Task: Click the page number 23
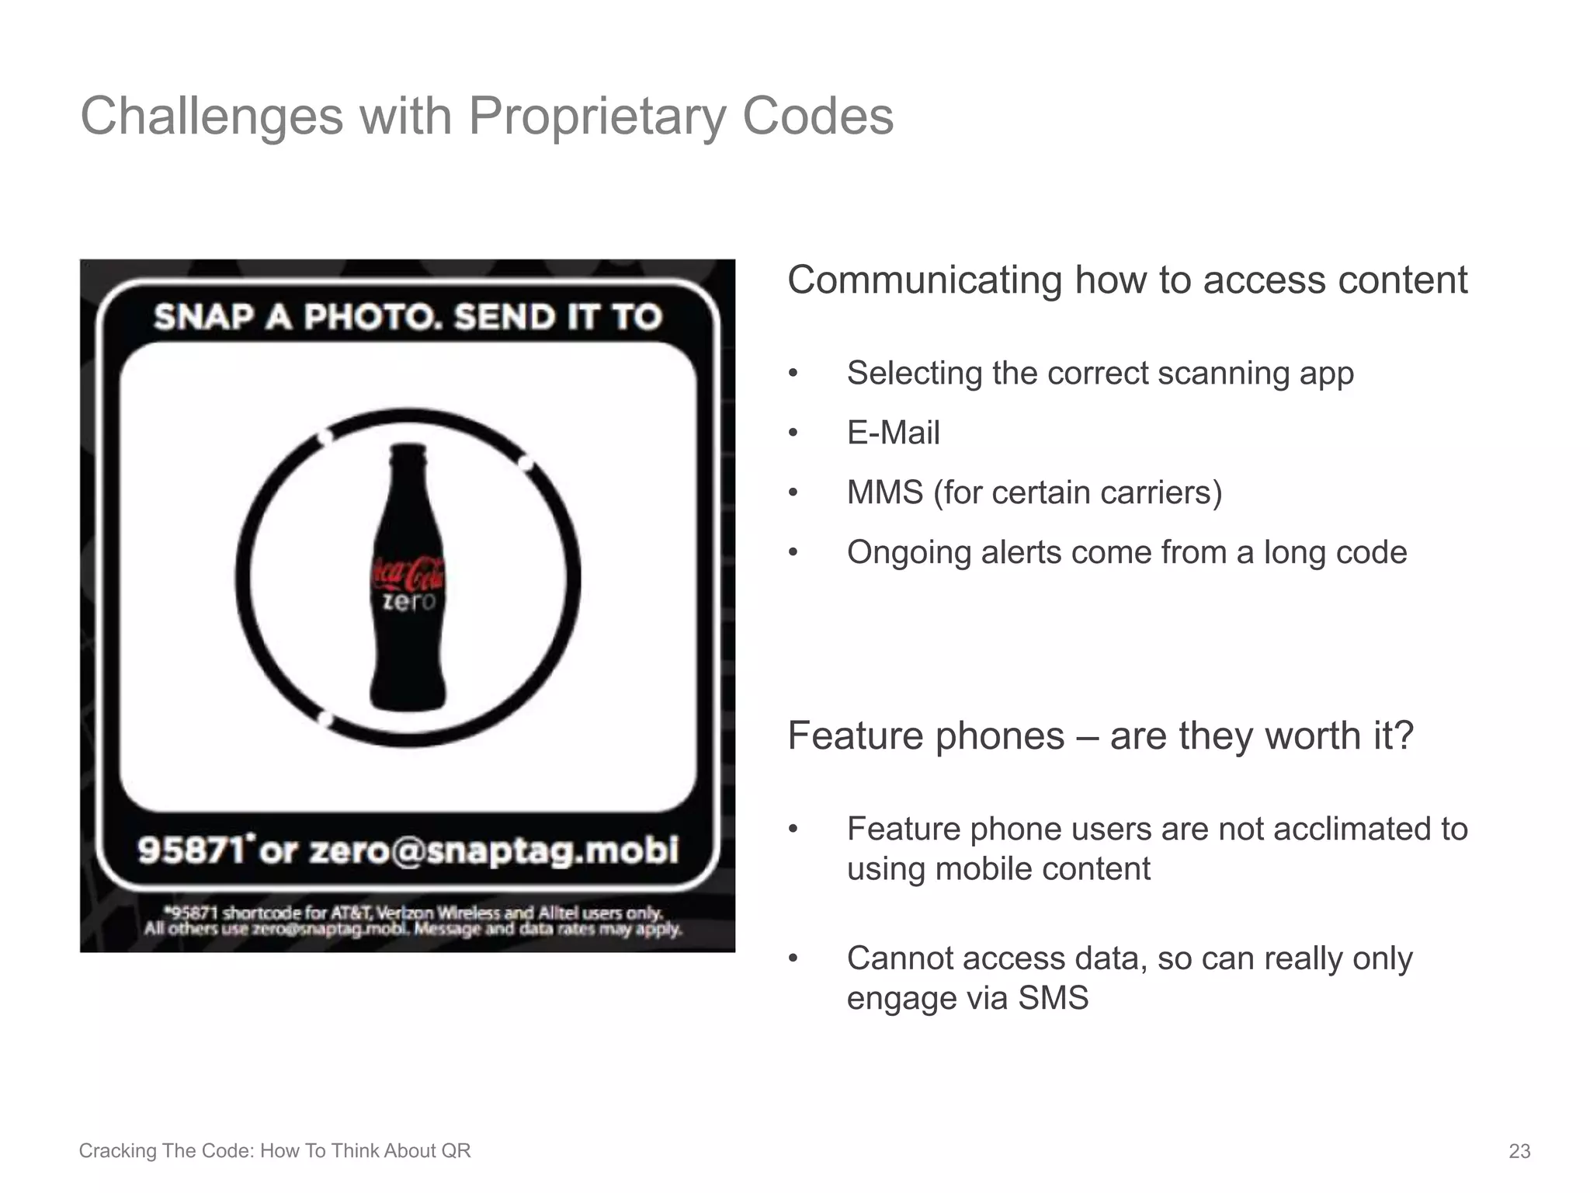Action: click(1519, 1151)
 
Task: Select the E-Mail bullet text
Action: click(893, 433)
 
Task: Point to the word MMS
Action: click(884, 492)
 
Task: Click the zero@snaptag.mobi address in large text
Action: click(494, 850)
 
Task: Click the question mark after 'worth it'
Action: click(1403, 736)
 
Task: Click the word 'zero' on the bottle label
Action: click(408, 602)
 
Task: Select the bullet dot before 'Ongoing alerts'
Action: click(793, 553)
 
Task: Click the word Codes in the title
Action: click(817, 117)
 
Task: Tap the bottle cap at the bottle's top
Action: click(408, 450)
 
